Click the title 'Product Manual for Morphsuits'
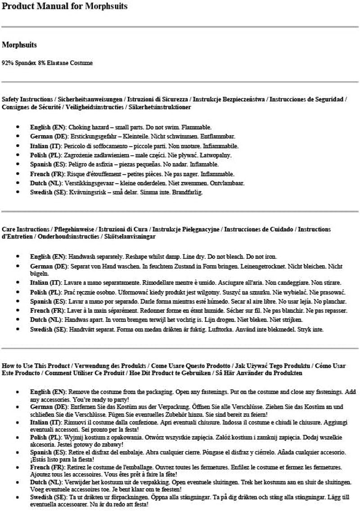coord(64,6)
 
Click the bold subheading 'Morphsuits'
coord(19,45)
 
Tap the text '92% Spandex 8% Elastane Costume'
coord(47,63)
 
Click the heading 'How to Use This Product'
coord(36,365)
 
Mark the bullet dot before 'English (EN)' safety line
coord(18,127)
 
